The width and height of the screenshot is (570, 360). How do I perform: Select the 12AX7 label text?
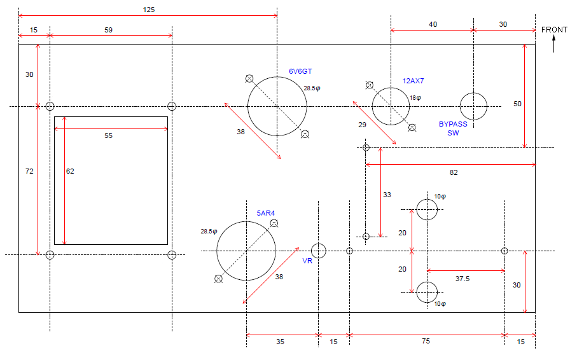[x=413, y=81]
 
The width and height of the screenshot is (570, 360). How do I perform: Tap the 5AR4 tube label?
[x=266, y=213]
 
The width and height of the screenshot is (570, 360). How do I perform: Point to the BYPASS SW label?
[x=453, y=128]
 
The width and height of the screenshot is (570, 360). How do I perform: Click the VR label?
[x=307, y=261]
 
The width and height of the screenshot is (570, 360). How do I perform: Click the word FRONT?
[x=553, y=29]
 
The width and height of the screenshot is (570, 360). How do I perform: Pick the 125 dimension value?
[x=149, y=10]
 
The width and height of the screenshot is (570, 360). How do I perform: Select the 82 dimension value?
[x=453, y=172]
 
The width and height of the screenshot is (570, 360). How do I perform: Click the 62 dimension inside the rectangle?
[x=70, y=171]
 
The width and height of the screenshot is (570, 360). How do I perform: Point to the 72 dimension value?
[x=29, y=171]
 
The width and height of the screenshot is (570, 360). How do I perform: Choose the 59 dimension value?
[x=108, y=30]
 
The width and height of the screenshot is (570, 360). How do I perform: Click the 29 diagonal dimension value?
[x=362, y=125]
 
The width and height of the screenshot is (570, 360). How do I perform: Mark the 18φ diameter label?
[x=415, y=98]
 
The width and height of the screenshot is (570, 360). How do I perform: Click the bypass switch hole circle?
[x=473, y=106]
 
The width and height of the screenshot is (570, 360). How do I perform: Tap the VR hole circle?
[x=319, y=251]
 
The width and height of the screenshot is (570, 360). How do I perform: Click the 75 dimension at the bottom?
[x=426, y=342]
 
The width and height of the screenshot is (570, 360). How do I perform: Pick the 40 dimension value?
[x=433, y=24]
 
